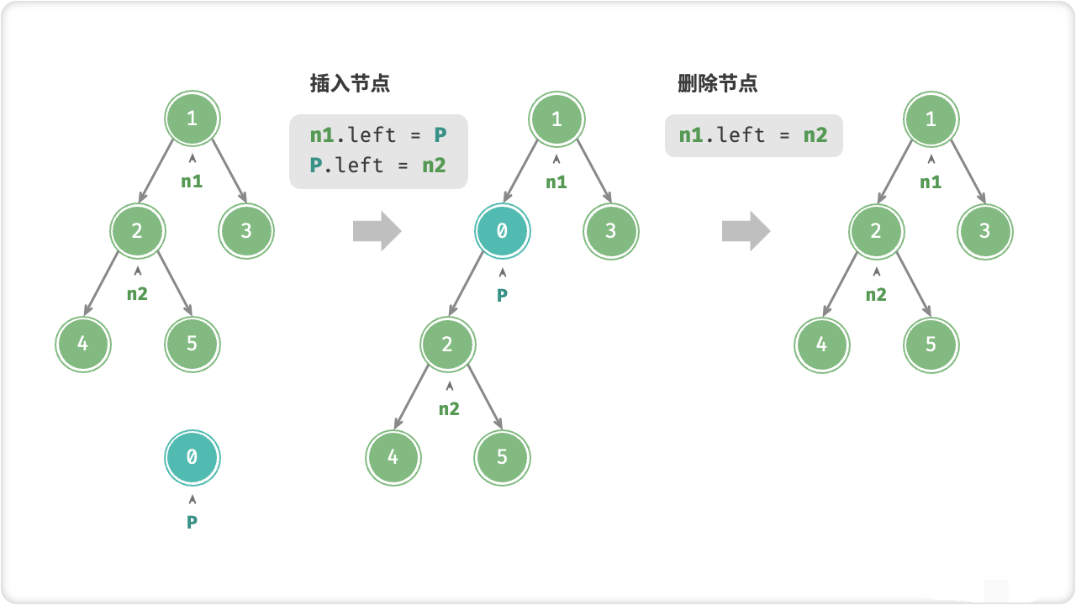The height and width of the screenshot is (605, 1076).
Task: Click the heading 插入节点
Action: (350, 83)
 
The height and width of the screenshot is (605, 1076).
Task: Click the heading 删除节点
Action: (717, 83)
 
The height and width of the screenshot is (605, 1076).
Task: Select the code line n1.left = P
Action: (377, 134)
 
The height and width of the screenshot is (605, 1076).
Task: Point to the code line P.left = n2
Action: (377, 165)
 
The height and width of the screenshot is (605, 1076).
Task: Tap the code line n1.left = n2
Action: (753, 134)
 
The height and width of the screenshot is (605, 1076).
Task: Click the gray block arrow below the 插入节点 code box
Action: (377, 231)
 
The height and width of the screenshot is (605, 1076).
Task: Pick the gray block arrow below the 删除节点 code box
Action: (746, 231)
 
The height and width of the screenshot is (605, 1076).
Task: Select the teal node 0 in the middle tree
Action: (502, 231)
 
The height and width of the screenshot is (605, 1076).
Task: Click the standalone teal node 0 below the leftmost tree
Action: (192, 458)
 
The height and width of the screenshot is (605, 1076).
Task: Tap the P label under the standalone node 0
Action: (192, 523)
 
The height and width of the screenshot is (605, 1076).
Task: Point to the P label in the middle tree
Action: (502, 296)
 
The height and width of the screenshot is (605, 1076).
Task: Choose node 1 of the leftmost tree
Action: (192, 118)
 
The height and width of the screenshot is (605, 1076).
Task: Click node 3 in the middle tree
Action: (611, 231)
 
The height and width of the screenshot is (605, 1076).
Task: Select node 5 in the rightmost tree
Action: (931, 345)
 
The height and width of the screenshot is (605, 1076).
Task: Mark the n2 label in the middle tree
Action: (449, 409)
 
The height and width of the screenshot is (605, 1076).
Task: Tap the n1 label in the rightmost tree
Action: (931, 182)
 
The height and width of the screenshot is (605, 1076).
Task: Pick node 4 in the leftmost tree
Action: (83, 345)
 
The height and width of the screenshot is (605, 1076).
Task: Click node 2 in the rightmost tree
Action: (876, 231)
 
